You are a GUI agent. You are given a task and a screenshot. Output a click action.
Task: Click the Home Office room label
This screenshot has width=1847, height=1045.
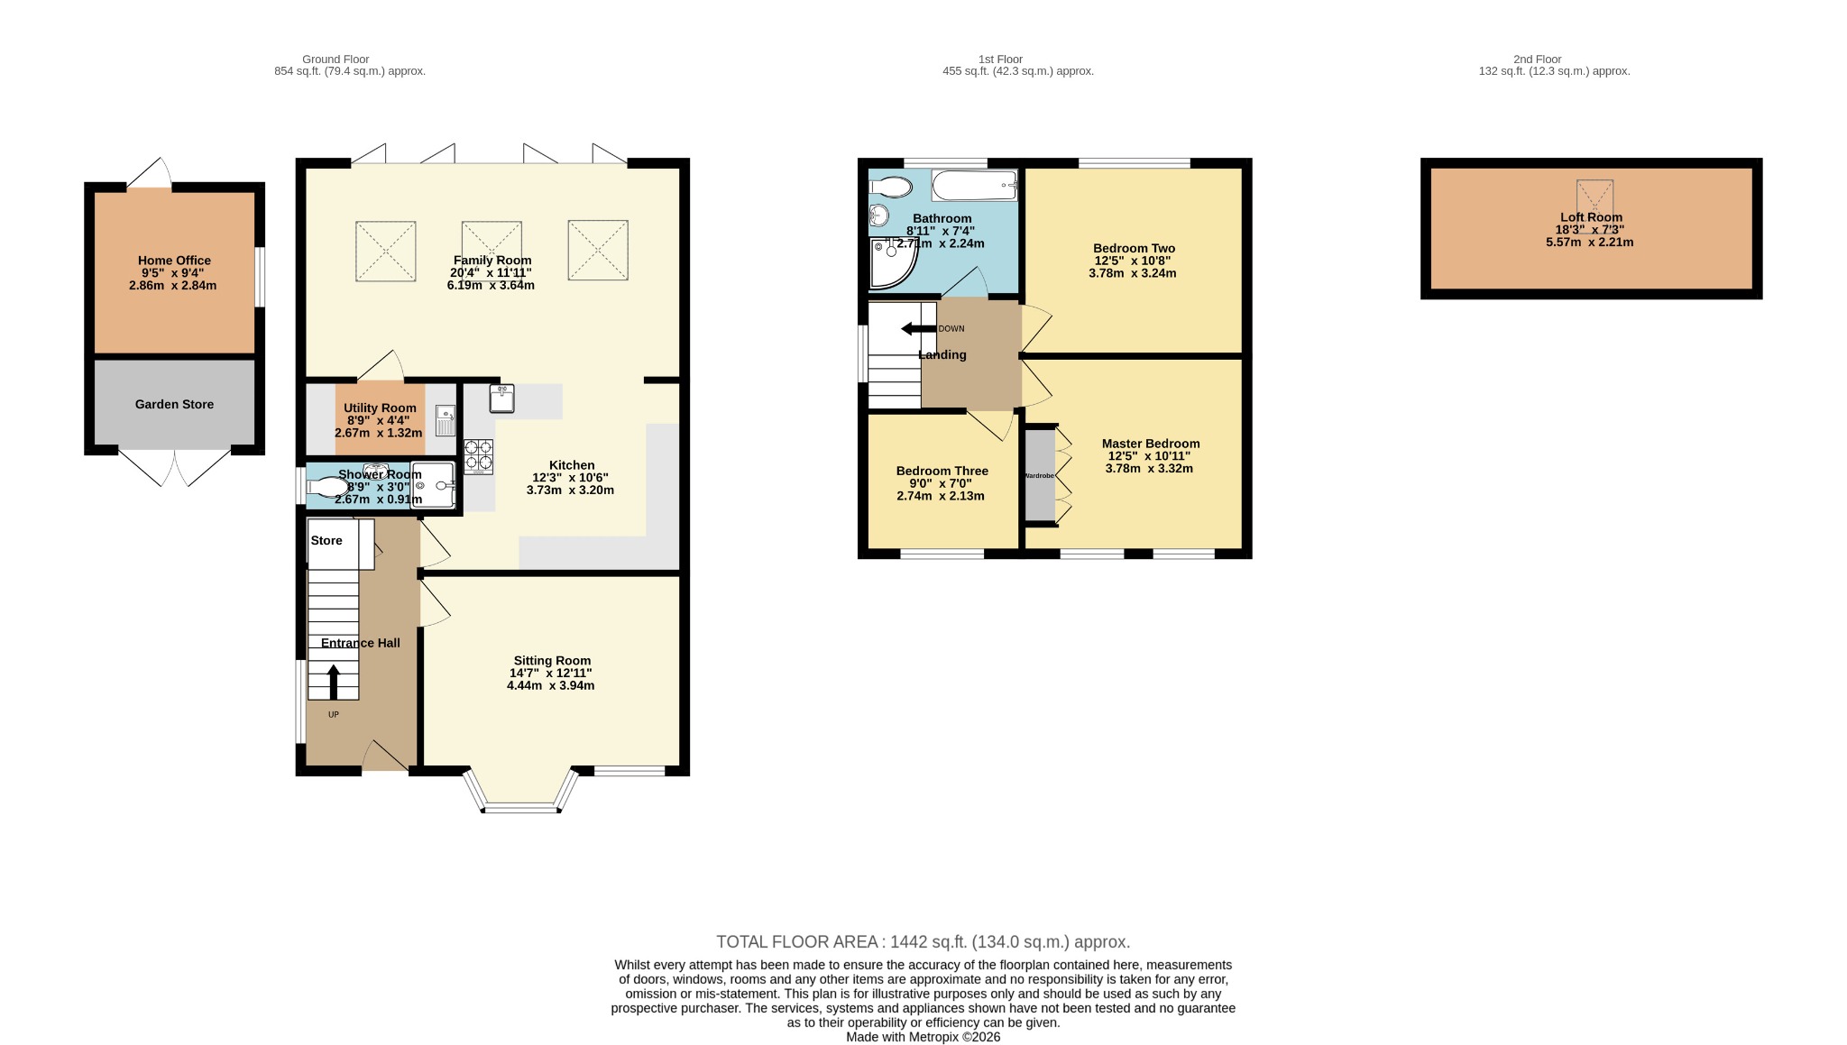[x=174, y=261]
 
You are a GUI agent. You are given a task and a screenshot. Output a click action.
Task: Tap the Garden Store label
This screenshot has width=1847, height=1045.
[x=174, y=404]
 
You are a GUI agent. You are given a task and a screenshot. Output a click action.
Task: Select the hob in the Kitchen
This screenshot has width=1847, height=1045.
[x=478, y=456]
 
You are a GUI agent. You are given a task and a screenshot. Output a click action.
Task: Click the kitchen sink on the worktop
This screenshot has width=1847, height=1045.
[x=501, y=398]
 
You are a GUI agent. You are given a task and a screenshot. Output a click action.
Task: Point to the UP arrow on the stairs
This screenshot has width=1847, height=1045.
[x=334, y=683]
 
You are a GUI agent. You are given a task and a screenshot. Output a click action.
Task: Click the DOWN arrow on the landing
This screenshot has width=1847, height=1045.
[x=918, y=328]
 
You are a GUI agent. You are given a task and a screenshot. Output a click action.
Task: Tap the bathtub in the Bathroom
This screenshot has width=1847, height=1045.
[x=975, y=186]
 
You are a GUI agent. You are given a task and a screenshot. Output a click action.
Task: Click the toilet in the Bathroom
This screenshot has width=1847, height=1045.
[x=890, y=186]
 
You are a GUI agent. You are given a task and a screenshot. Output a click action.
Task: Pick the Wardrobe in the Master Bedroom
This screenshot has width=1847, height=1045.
[x=1040, y=475]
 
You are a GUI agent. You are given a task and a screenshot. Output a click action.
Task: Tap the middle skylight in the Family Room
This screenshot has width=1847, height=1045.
[x=492, y=251]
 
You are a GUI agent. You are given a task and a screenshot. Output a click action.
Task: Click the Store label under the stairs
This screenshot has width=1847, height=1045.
[x=326, y=540]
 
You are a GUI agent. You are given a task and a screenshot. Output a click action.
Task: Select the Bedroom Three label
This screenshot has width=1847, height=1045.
[x=942, y=471]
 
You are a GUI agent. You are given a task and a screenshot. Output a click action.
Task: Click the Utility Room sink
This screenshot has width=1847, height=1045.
[x=446, y=421]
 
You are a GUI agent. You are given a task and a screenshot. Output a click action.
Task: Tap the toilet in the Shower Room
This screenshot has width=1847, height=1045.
[x=326, y=487]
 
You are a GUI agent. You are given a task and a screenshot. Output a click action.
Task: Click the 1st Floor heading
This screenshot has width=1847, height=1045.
[x=1000, y=60]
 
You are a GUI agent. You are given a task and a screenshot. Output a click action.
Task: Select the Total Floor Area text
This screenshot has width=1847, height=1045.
[x=923, y=942]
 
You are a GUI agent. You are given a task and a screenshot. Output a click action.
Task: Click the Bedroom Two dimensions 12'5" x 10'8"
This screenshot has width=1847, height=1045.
[x=1133, y=261]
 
